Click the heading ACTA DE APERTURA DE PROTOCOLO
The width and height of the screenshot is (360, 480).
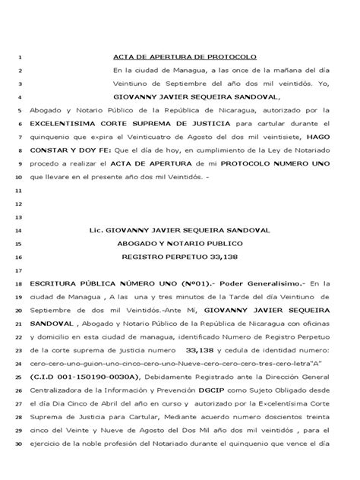(x=185, y=58)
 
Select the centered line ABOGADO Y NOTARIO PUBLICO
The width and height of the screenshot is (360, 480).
(x=179, y=242)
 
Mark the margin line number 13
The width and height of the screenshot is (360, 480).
(x=18, y=216)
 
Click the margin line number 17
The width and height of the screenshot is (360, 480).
(x=18, y=270)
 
